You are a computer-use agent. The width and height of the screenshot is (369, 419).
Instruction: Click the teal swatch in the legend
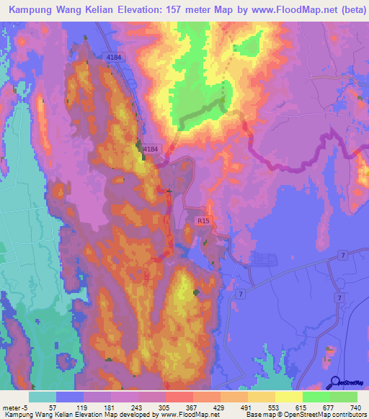pos(42,397)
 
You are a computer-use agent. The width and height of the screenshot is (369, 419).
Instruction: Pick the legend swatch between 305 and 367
pos(179,397)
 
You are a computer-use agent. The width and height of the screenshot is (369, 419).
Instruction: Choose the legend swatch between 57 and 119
pos(69,397)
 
